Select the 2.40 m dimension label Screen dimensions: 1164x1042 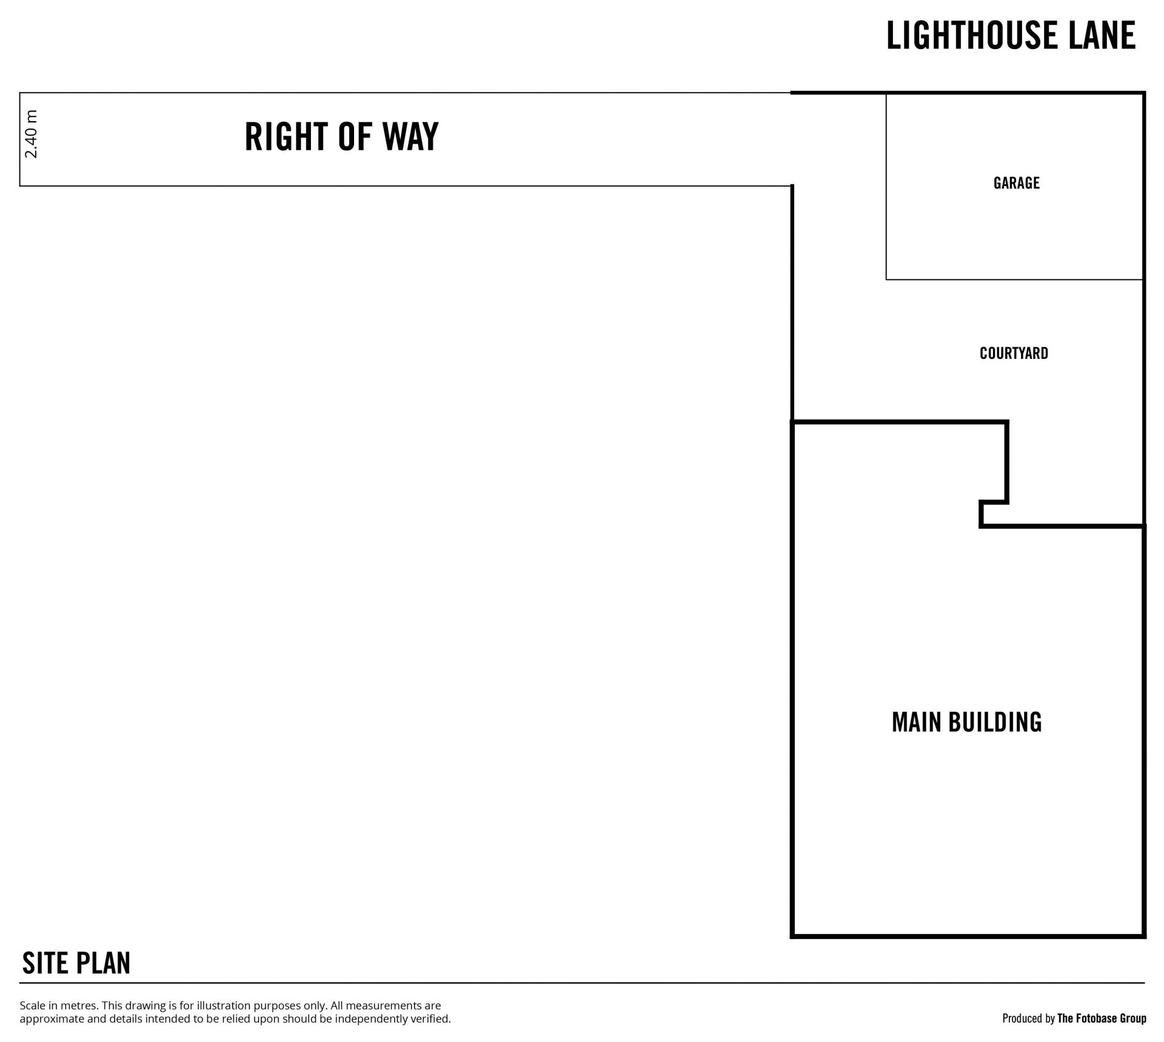(32, 134)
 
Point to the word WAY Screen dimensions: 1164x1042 (410, 136)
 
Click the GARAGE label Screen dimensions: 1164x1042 (1016, 183)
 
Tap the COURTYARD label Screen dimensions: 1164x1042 (1014, 353)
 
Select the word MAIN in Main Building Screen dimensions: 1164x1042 (917, 722)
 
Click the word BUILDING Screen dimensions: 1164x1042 (995, 722)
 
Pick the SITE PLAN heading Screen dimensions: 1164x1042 (76, 963)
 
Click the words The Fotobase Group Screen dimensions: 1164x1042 (1102, 1018)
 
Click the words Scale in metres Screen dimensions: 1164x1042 (58, 1006)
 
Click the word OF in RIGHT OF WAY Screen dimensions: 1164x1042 (355, 136)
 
